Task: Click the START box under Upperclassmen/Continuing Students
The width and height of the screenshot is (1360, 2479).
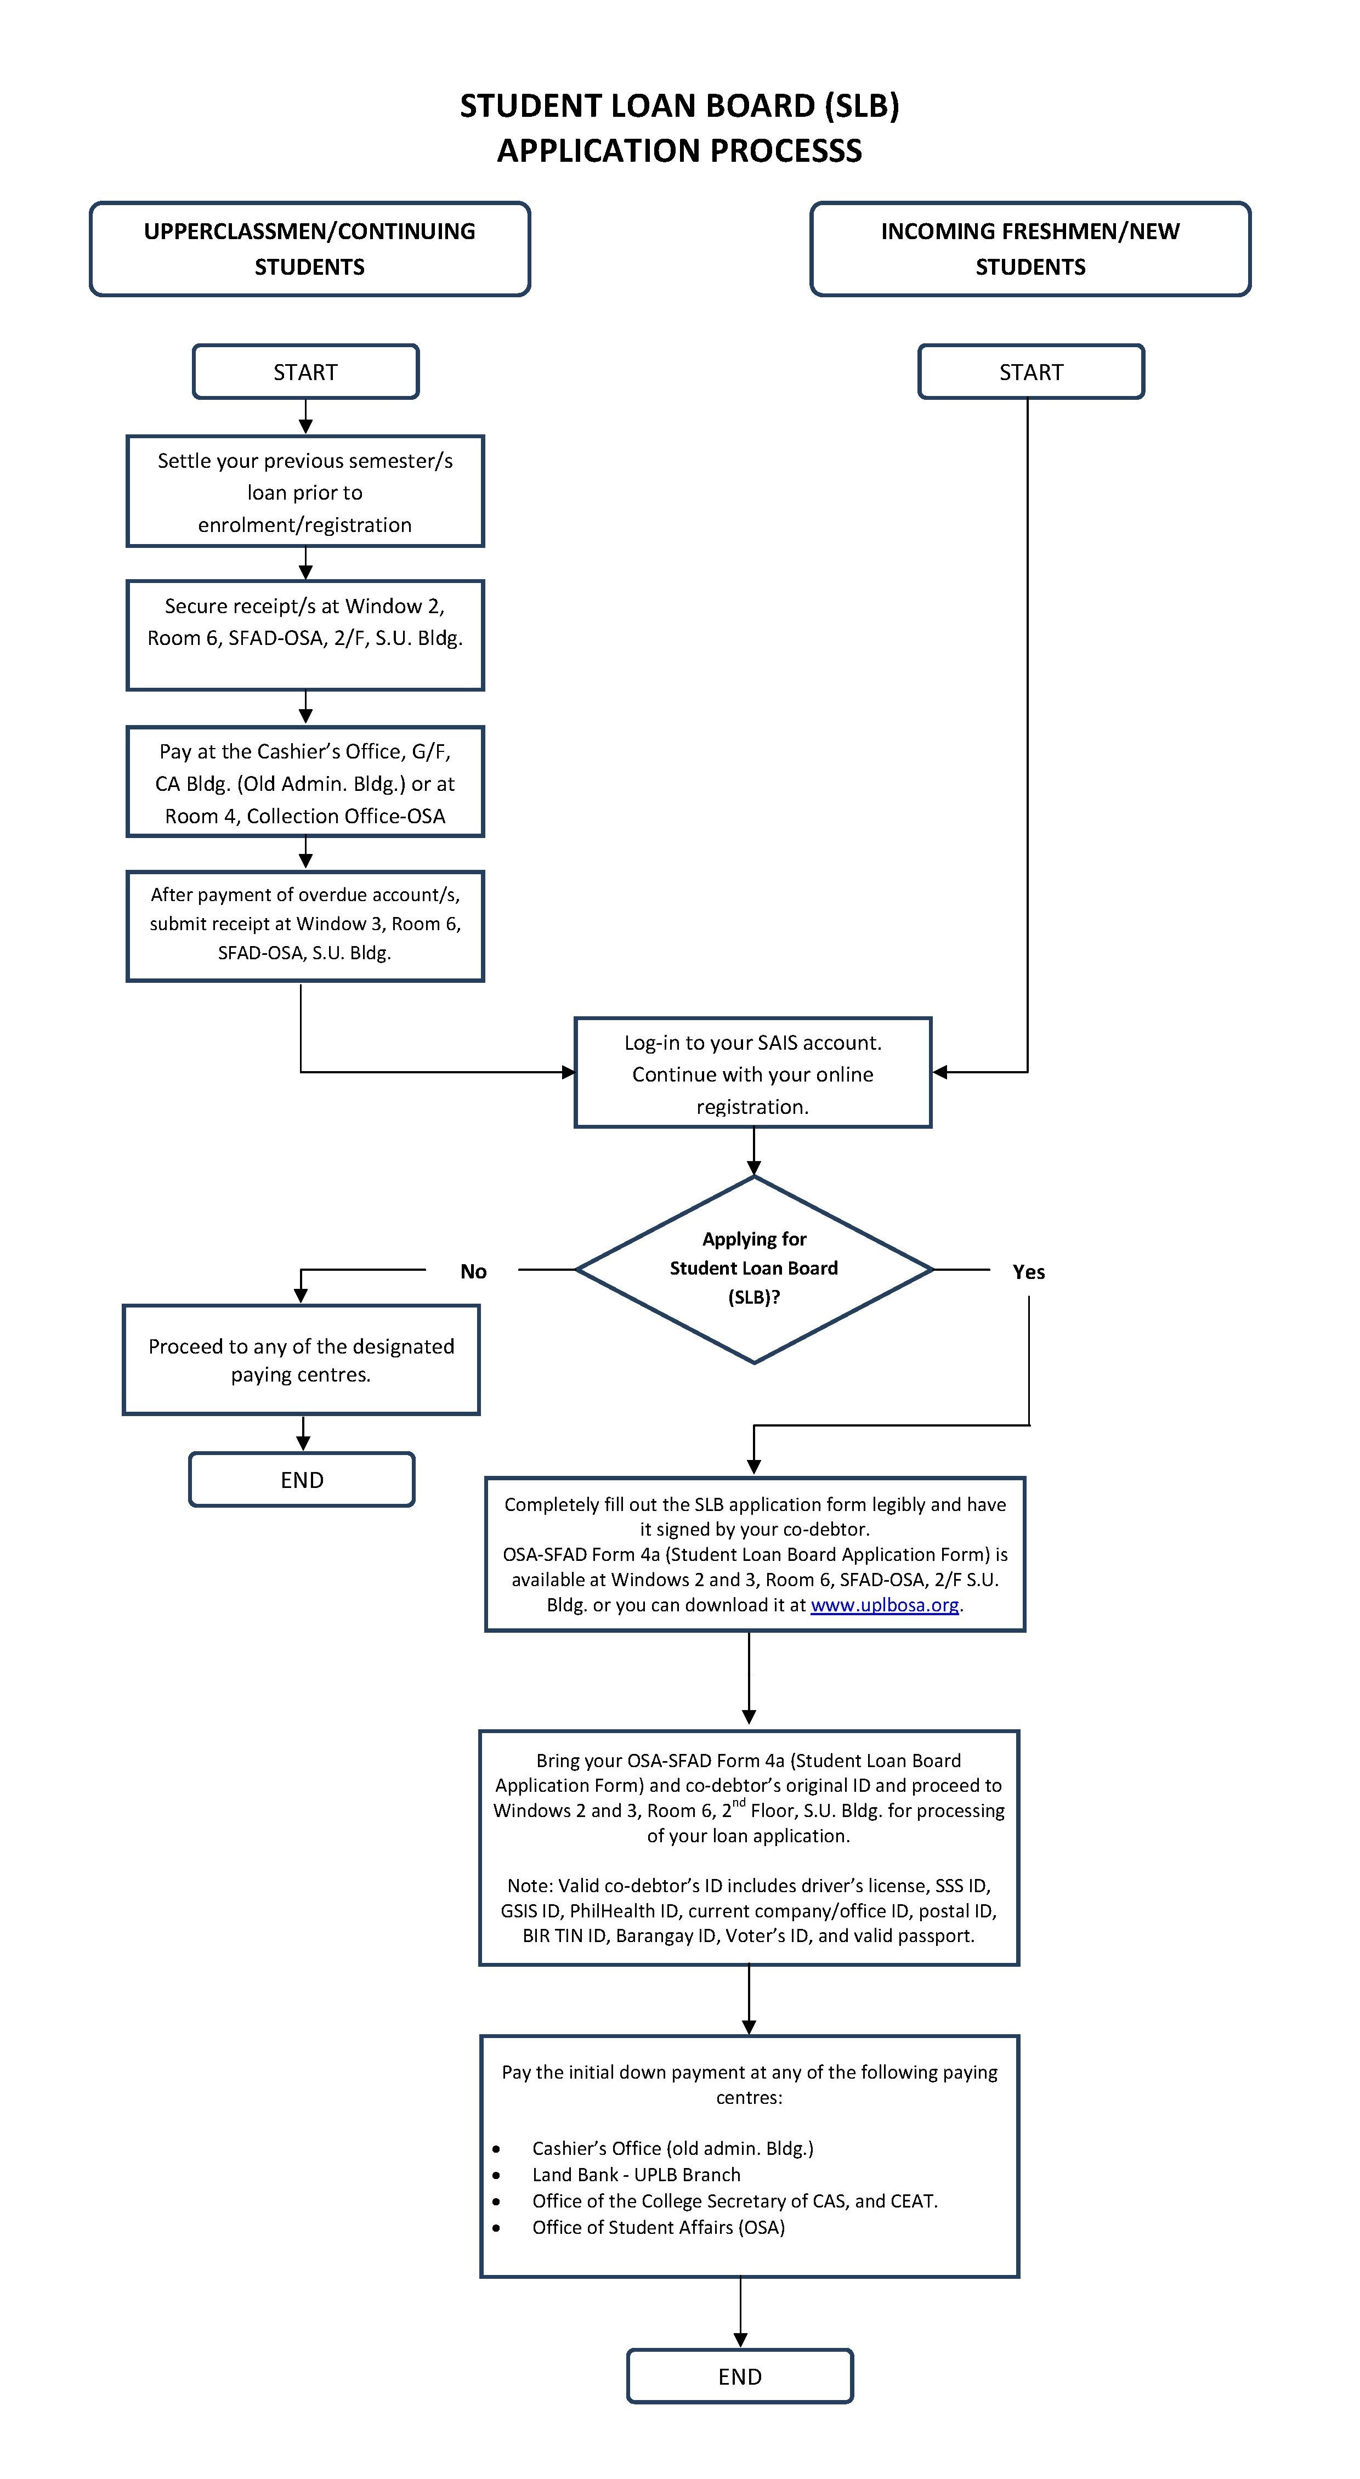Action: (305, 371)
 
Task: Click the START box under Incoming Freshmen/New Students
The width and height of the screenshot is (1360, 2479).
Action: (1031, 371)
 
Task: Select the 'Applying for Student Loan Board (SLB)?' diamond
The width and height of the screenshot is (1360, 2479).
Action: (753, 1269)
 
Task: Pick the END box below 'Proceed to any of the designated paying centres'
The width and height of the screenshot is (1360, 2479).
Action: (302, 1479)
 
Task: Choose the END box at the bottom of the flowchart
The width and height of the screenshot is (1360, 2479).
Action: (740, 2376)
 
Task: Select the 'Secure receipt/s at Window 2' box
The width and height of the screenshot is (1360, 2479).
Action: (305, 635)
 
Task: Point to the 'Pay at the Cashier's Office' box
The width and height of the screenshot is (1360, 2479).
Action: (305, 782)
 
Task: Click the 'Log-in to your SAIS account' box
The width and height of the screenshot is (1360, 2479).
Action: (753, 1072)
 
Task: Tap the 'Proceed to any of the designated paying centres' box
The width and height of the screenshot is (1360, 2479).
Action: (301, 1360)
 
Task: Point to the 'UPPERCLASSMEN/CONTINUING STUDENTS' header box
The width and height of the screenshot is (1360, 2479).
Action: (310, 249)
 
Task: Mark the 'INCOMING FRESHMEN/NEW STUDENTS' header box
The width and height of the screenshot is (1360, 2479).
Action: (1031, 249)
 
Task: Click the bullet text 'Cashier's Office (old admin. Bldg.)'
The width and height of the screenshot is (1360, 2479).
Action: (673, 2148)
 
